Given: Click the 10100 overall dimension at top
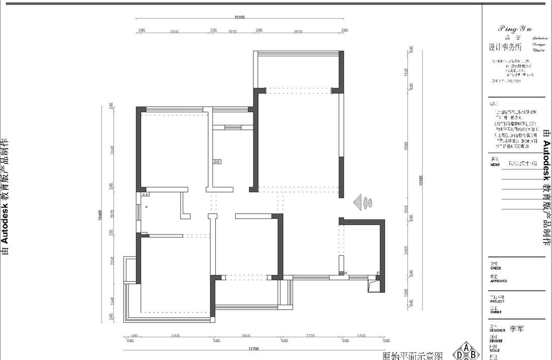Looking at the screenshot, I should [x=239, y=17].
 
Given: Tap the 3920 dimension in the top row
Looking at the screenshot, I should [x=298, y=31].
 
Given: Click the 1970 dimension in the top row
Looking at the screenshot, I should [x=232, y=31].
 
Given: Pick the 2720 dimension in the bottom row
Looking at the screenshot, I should [x=310, y=336].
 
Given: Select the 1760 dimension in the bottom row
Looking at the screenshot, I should [x=360, y=336].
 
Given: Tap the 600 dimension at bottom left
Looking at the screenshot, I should [x=134, y=336].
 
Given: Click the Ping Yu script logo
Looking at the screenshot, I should [x=515, y=29].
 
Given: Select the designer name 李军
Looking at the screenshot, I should [x=516, y=329].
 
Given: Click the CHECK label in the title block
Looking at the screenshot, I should [x=495, y=268].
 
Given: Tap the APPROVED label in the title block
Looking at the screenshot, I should [x=498, y=281].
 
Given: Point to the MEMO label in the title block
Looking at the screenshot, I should [x=495, y=165].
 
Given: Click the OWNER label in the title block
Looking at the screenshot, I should [x=496, y=312].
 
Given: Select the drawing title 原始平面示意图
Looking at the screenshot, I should [x=412, y=355].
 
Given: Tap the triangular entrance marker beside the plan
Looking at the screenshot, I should [x=357, y=203].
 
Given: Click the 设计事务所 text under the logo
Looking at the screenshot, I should [x=505, y=48].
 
